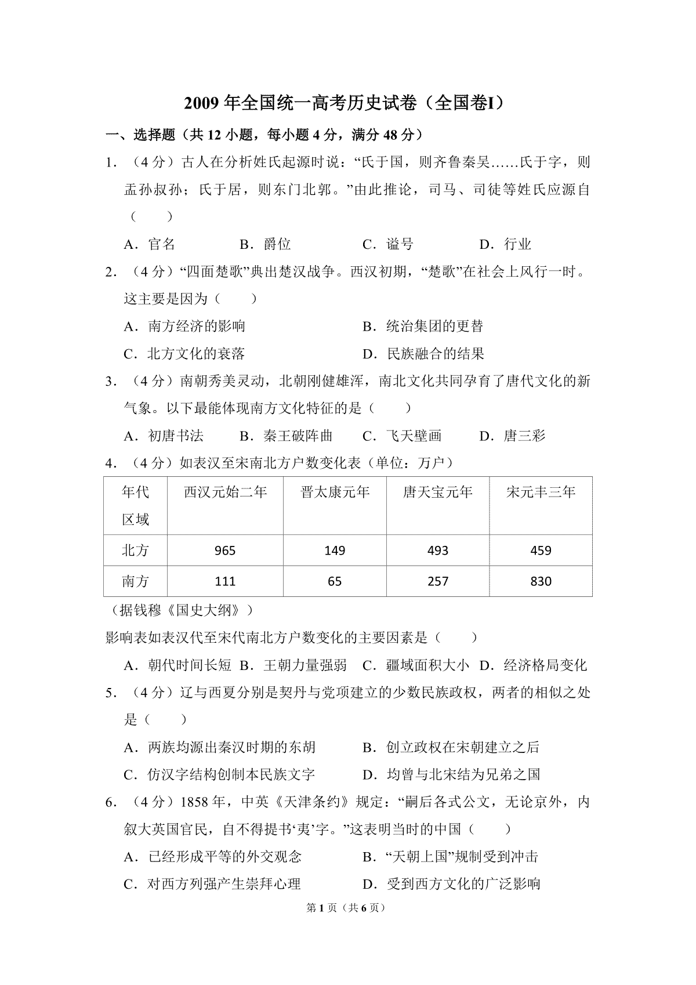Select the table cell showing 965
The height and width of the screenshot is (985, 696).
[225, 551]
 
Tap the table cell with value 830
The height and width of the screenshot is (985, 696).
[541, 581]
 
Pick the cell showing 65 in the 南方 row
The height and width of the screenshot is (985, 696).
[335, 581]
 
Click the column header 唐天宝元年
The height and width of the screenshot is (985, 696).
[438, 492]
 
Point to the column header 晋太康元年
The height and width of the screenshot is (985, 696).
[335, 492]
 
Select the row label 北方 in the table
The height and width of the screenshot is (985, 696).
[136, 551]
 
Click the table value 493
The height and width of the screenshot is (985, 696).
[438, 551]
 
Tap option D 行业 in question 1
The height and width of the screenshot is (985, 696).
[505, 244]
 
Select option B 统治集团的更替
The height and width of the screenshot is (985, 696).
[423, 327]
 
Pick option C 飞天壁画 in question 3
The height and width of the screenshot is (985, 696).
[402, 436]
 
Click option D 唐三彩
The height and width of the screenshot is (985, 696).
[513, 436]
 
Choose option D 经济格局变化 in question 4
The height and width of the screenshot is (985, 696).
[534, 665]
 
